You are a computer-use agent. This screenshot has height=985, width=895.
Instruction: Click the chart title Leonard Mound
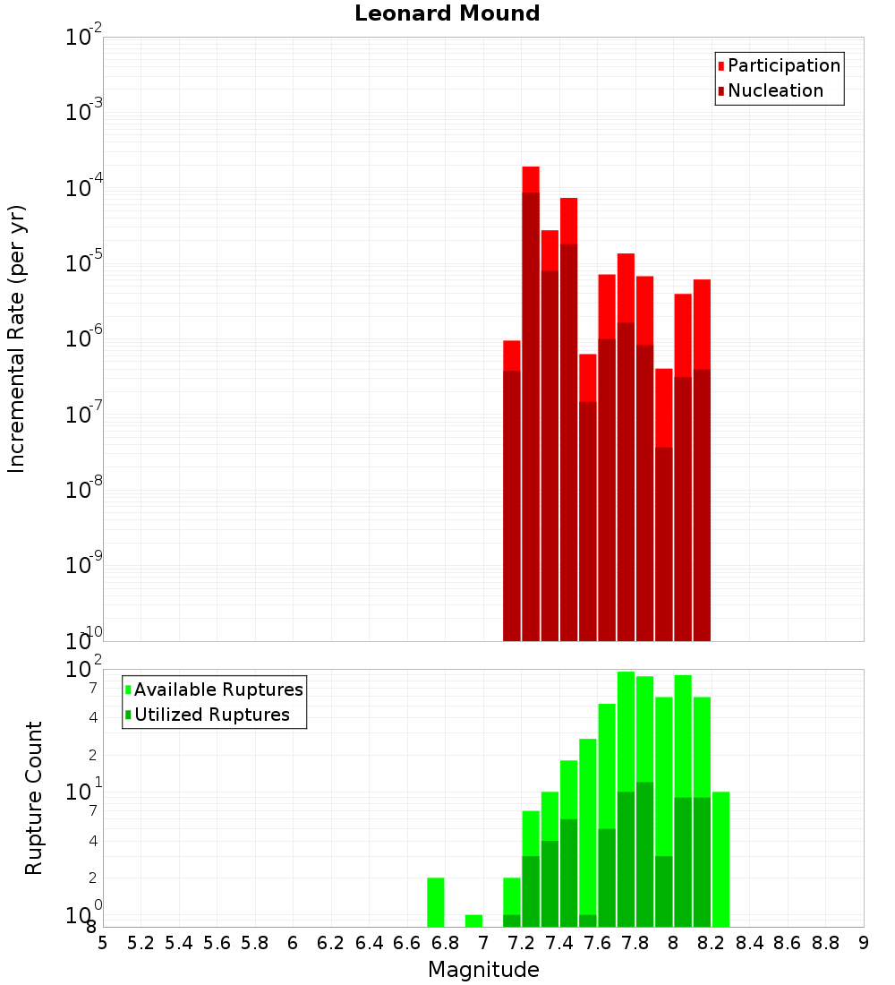(x=447, y=13)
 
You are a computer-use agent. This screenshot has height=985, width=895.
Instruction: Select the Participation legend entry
(x=784, y=65)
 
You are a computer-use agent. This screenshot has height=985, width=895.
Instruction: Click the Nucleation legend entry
(x=775, y=90)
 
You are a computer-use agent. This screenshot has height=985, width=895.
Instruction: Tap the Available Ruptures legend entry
(x=218, y=689)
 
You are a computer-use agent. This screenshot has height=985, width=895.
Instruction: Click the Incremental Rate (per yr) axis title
(x=17, y=338)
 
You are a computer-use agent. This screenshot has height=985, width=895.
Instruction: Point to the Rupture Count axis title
(x=34, y=798)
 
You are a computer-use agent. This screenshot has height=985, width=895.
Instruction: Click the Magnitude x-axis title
(x=483, y=970)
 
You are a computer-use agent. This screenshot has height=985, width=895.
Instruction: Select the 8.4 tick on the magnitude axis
(x=749, y=943)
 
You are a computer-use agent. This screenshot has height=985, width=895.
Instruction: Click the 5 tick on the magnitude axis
(x=103, y=943)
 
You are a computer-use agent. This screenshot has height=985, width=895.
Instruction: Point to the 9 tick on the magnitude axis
(x=864, y=943)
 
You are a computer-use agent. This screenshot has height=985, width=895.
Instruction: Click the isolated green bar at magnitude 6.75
(x=436, y=903)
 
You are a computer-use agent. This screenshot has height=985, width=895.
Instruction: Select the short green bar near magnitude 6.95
(x=473, y=921)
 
